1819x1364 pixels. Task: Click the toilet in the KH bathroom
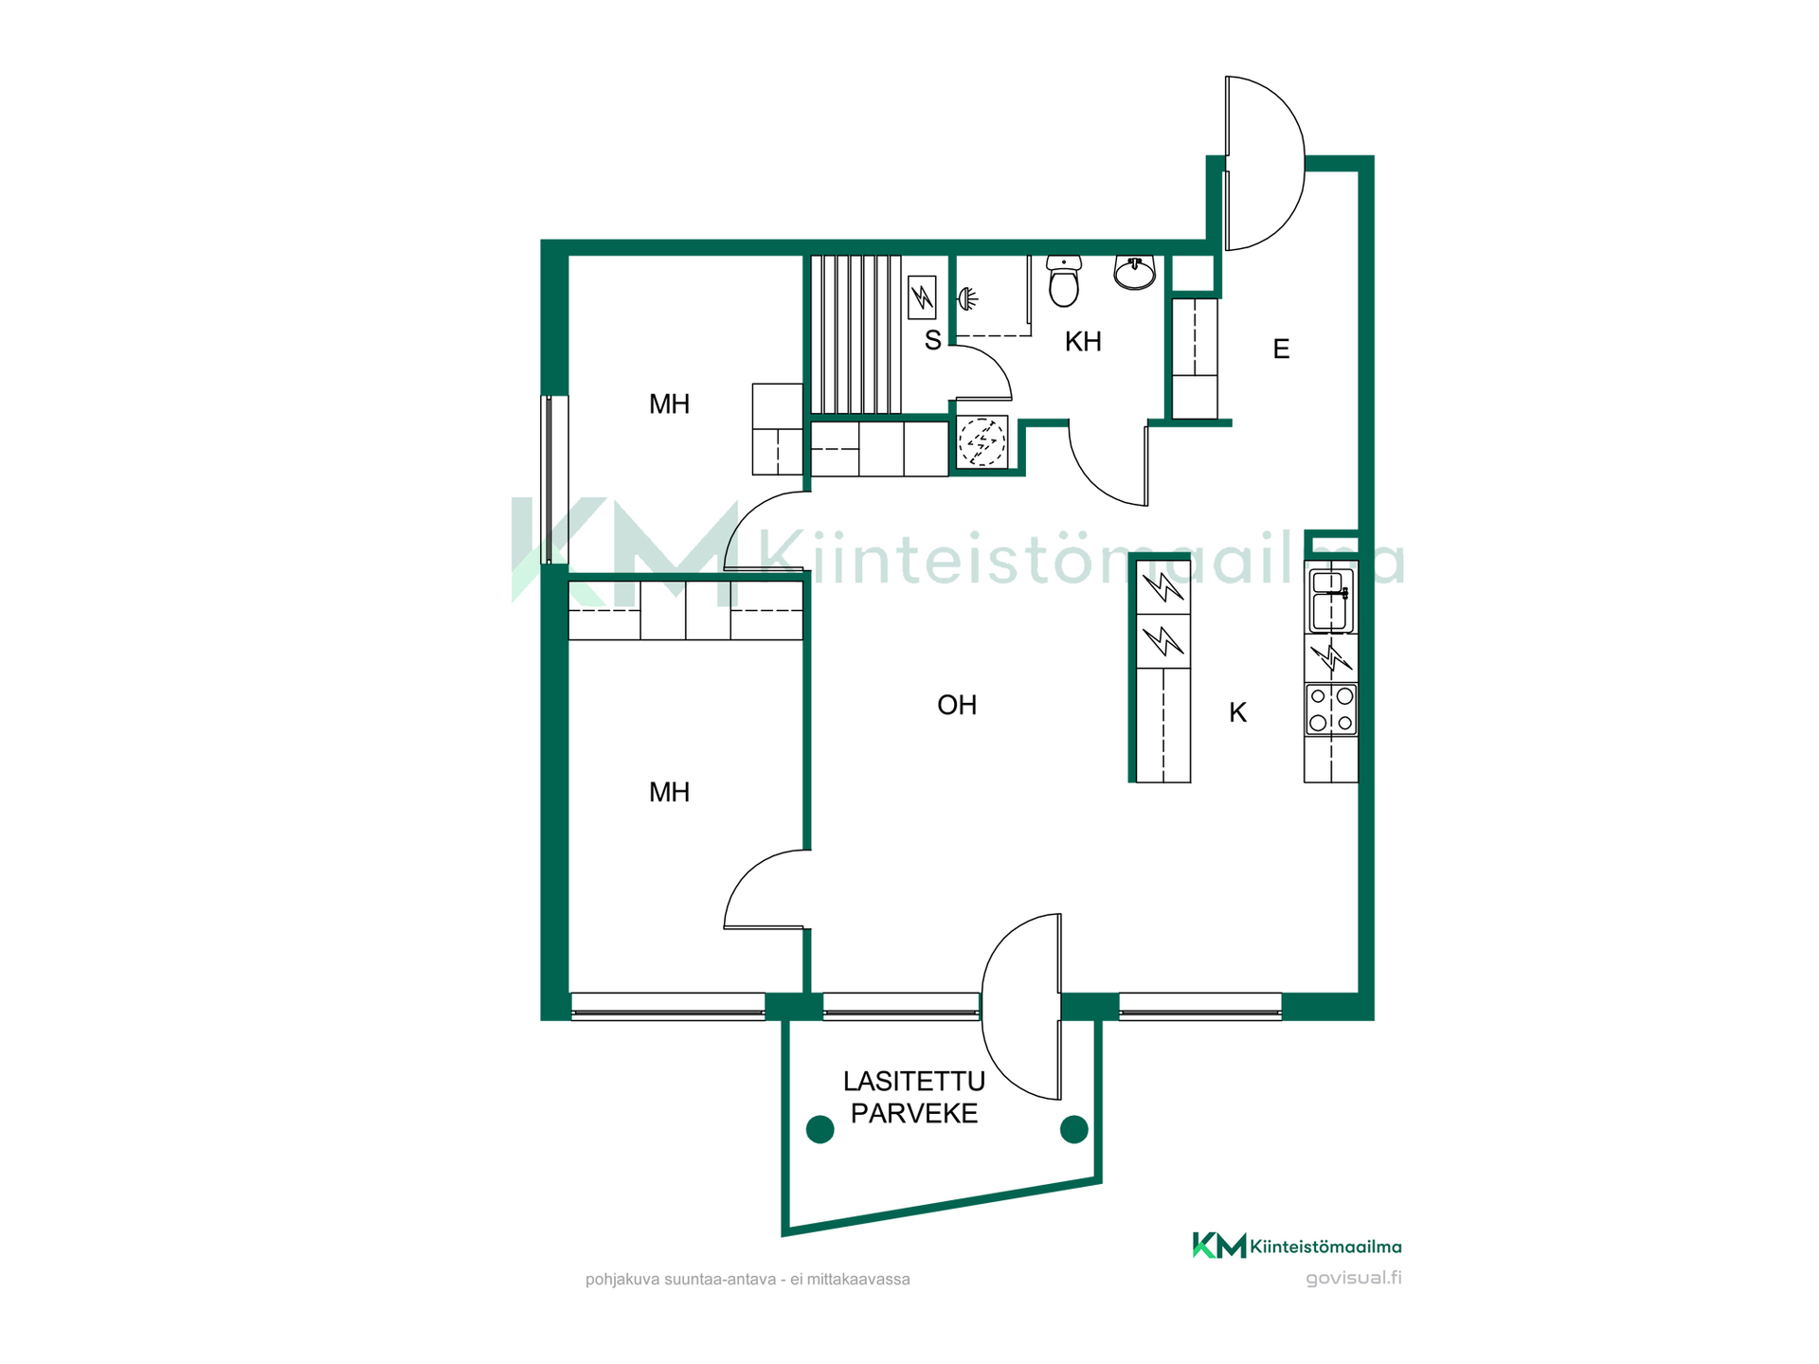pyautogui.click(x=1064, y=280)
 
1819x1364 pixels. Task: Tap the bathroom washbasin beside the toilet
pyautogui.click(x=1134, y=271)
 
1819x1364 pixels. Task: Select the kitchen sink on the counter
pyautogui.click(x=1330, y=600)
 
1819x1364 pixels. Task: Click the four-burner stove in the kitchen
pyautogui.click(x=1331, y=709)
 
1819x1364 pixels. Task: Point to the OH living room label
pyautogui.click(x=957, y=705)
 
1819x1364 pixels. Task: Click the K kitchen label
pyautogui.click(x=1237, y=712)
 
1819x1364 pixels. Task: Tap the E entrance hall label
pyautogui.click(x=1281, y=350)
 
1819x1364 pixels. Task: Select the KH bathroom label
pyautogui.click(x=1083, y=342)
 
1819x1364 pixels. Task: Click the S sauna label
pyautogui.click(x=933, y=341)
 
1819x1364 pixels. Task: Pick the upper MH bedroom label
pyautogui.click(x=669, y=404)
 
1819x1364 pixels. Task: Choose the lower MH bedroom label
pyautogui.click(x=669, y=792)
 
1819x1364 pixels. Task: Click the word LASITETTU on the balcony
pyautogui.click(x=914, y=1081)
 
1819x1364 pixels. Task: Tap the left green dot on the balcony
pyautogui.click(x=819, y=1129)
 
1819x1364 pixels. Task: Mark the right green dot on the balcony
pyautogui.click(x=1073, y=1129)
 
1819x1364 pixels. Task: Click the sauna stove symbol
pyautogui.click(x=922, y=297)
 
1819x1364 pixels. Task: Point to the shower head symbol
pyautogui.click(x=966, y=299)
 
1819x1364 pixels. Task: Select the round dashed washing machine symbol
pyautogui.click(x=982, y=442)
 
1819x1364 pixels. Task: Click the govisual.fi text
pyautogui.click(x=1353, y=1278)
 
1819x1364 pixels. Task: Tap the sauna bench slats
pyautogui.click(x=855, y=334)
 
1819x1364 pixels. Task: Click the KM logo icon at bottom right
pyautogui.click(x=1219, y=1246)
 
